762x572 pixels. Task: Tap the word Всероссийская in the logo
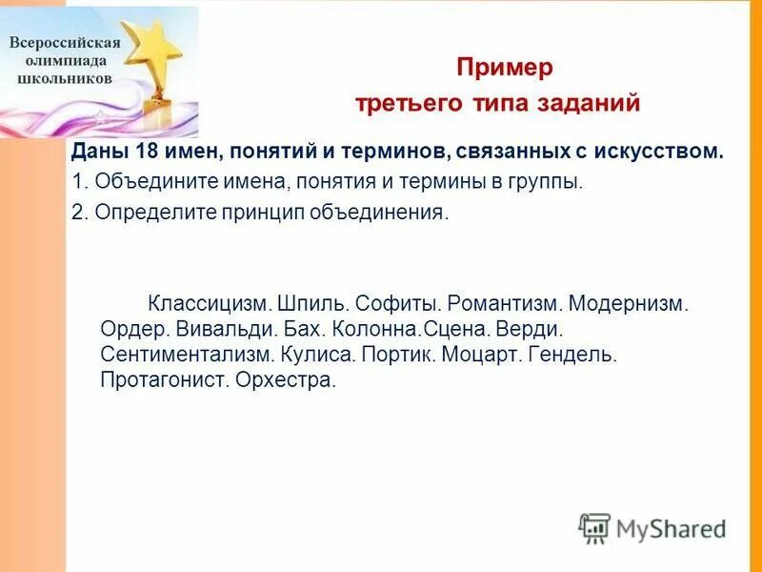click(x=65, y=43)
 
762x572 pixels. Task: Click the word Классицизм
click(x=210, y=304)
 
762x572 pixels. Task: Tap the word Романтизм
click(x=501, y=304)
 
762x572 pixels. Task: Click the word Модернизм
click(x=628, y=304)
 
